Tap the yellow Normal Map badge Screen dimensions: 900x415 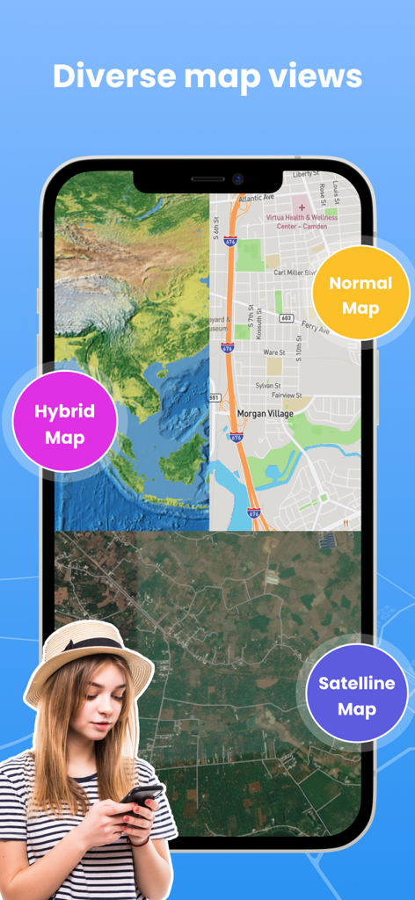tap(360, 294)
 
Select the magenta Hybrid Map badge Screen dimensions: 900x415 tap(64, 424)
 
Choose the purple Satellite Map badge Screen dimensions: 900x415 tap(357, 694)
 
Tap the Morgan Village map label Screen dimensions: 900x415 tap(265, 413)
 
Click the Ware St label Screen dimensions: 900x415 tap(274, 352)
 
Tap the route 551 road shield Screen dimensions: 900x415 tap(214, 397)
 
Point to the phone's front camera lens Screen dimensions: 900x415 tap(237, 178)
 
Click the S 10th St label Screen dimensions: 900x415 tap(299, 350)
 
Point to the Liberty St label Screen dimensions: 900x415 tap(309, 174)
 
